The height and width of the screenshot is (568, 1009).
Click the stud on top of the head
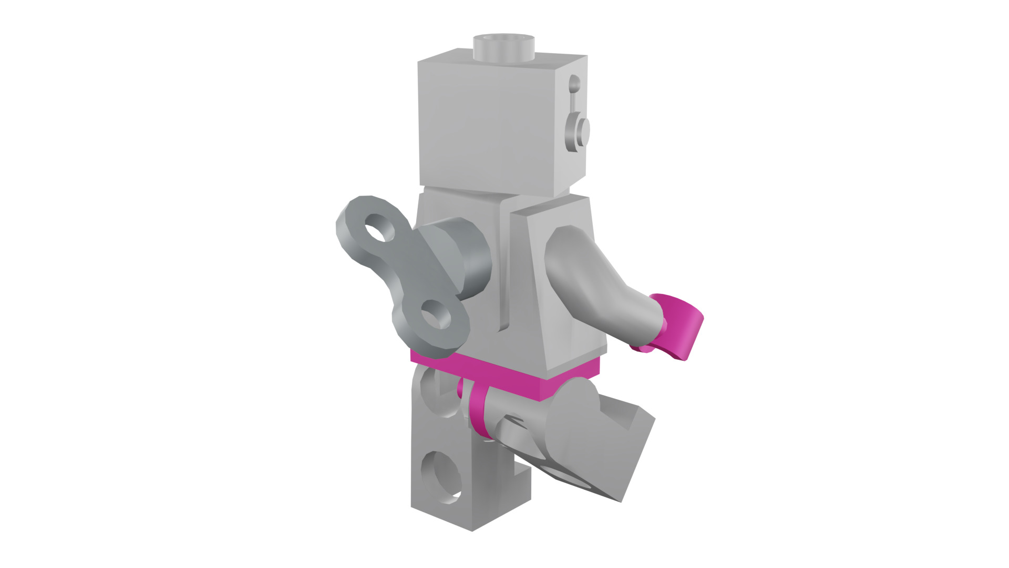click(x=503, y=47)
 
